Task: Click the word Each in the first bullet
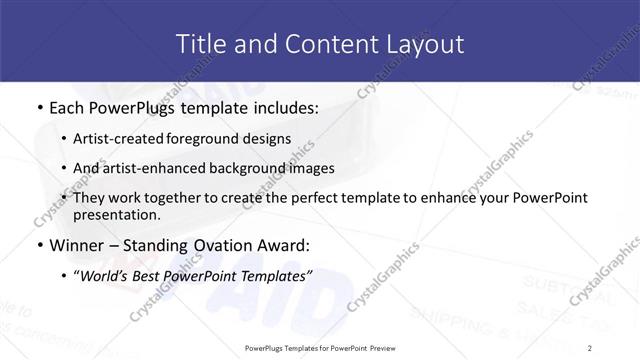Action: point(66,107)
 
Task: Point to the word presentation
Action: point(117,215)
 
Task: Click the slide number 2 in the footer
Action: point(590,348)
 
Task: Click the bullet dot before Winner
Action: point(38,246)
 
